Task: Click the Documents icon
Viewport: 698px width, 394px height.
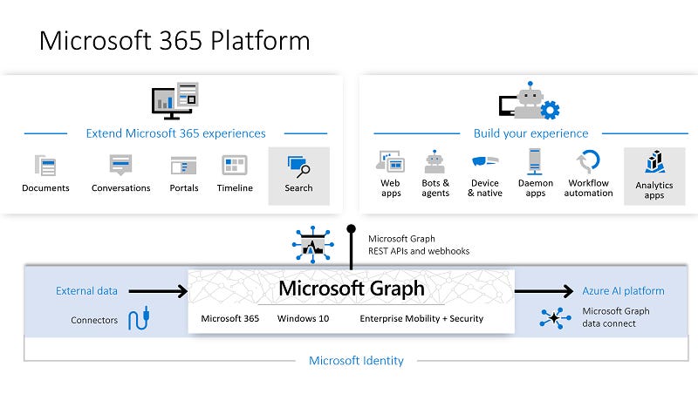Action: tap(44, 166)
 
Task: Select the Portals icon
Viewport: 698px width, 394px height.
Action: tap(183, 166)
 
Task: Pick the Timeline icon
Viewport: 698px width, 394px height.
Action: tap(235, 165)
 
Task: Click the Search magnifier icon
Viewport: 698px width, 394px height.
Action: tap(298, 166)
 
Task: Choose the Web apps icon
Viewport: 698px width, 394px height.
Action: tap(390, 161)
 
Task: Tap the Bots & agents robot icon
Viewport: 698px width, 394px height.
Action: tap(435, 161)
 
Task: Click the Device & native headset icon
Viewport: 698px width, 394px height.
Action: tap(484, 162)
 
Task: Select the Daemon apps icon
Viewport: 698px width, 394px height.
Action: tap(535, 161)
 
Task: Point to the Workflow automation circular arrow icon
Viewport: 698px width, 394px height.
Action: tap(589, 162)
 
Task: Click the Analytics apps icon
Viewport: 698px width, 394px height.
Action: tap(654, 162)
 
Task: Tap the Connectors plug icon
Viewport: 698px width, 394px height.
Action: tap(137, 320)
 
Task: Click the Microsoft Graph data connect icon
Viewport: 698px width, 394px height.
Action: tap(555, 317)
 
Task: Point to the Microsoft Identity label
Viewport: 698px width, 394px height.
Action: tap(356, 360)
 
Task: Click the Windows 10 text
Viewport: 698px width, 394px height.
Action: tap(303, 319)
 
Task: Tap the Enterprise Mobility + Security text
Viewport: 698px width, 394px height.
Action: tap(421, 319)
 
